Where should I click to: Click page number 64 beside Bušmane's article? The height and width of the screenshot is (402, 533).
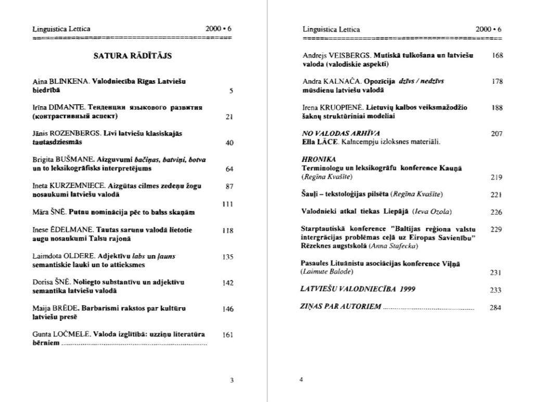pyautogui.click(x=229, y=169)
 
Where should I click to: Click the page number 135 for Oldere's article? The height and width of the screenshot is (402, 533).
pyautogui.click(x=227, y=257)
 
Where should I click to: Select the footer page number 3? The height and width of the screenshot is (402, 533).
pyautogui.click(x=232, y=380)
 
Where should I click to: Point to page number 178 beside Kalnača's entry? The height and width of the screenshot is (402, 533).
pyautogui.click(x=497, y=81)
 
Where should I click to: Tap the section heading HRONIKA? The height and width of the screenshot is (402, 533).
pyautogui.click(x=319, y=159)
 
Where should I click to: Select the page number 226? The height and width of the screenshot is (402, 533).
pyautogui.click(x=496, y=212)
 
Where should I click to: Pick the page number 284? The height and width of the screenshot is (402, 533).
pyautogui.click(x=496, y=307)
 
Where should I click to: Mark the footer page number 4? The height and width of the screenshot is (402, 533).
pyautogui.click(x=301, y=380)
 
